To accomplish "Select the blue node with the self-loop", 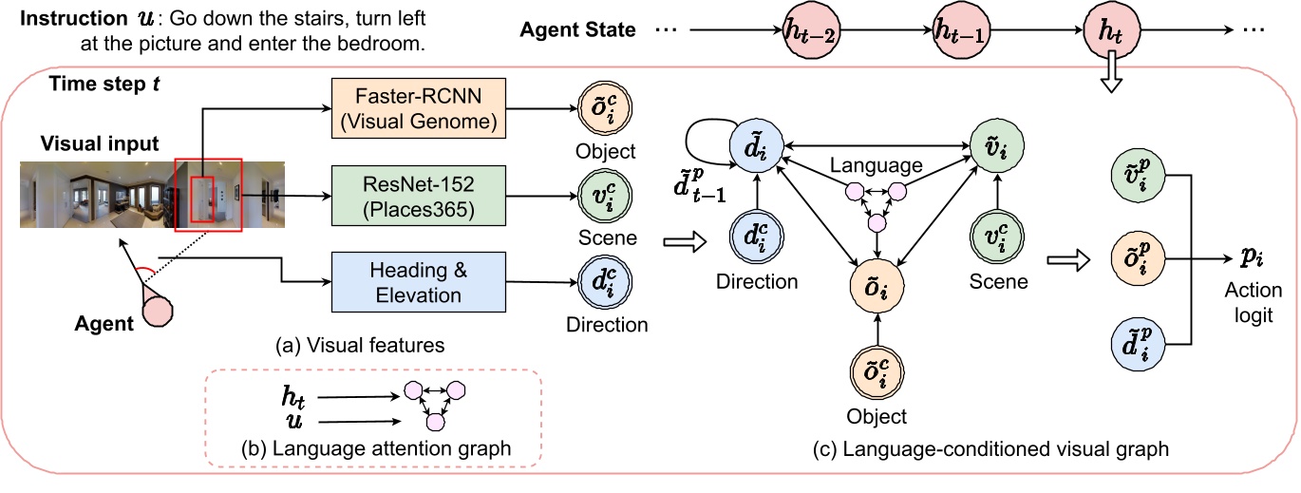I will tap(756, 150).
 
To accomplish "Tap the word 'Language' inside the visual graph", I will tap(876, 165).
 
